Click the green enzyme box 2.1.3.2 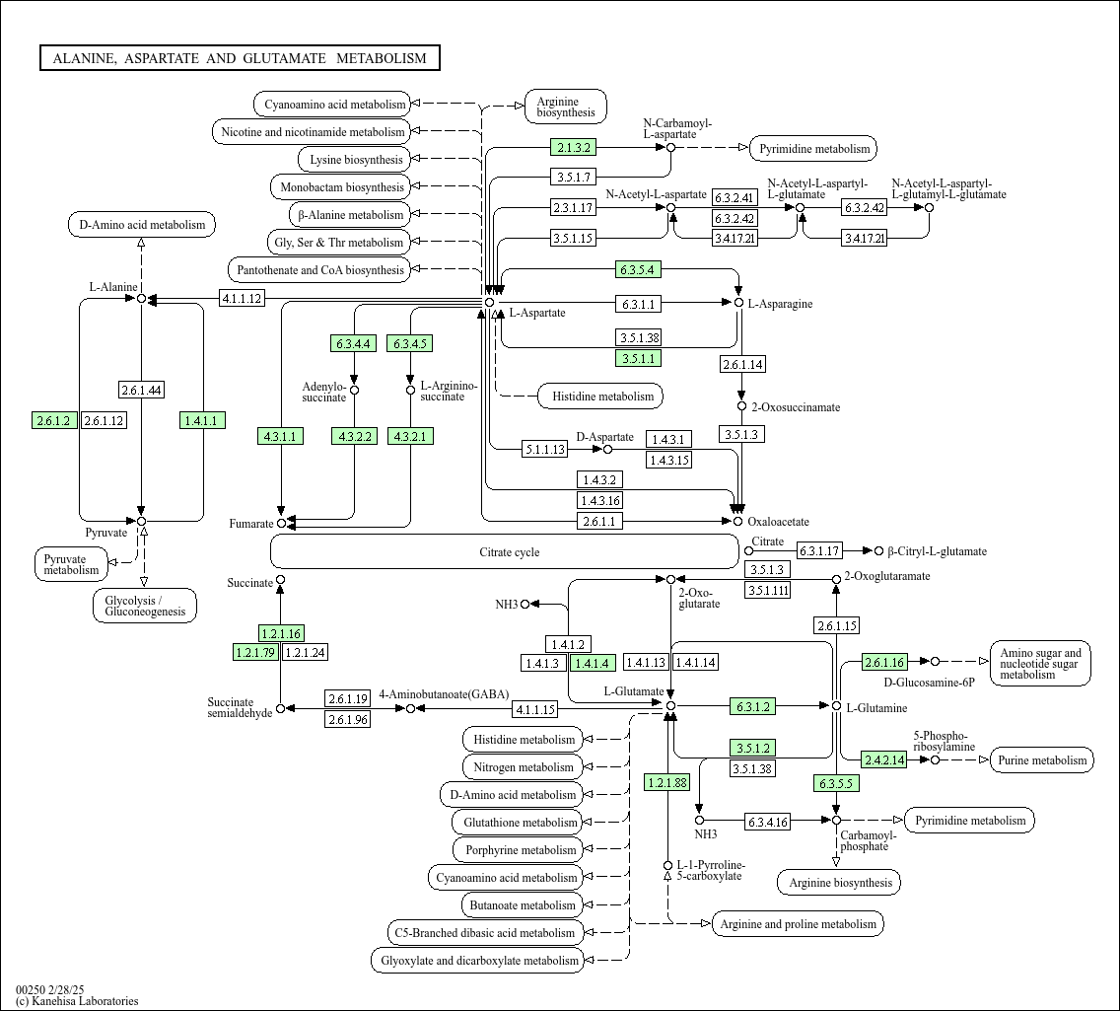[x=573, y=148]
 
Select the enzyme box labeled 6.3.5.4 [x=638, y=269]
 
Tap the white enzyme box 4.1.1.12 [x=242, y=298]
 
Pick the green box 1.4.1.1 [x=203, y=421]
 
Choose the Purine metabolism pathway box [x=1041, y=759]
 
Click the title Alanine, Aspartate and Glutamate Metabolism [x=240, y=58]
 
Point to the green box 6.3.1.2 [x=752, y=706]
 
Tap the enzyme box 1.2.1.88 [x=667, y=783]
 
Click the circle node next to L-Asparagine [x=737, y=302]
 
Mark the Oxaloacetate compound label [x=778, y=522]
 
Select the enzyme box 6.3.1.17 [x=819, y=551]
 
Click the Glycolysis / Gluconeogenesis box [x=145, y=606]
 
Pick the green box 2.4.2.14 [x=884, y=759]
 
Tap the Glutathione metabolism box [x=521, y=823]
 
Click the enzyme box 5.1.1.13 [x=545, y=449]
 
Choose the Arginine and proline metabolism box [x=798, y=924]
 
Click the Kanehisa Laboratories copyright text [x=77, y=1001]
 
